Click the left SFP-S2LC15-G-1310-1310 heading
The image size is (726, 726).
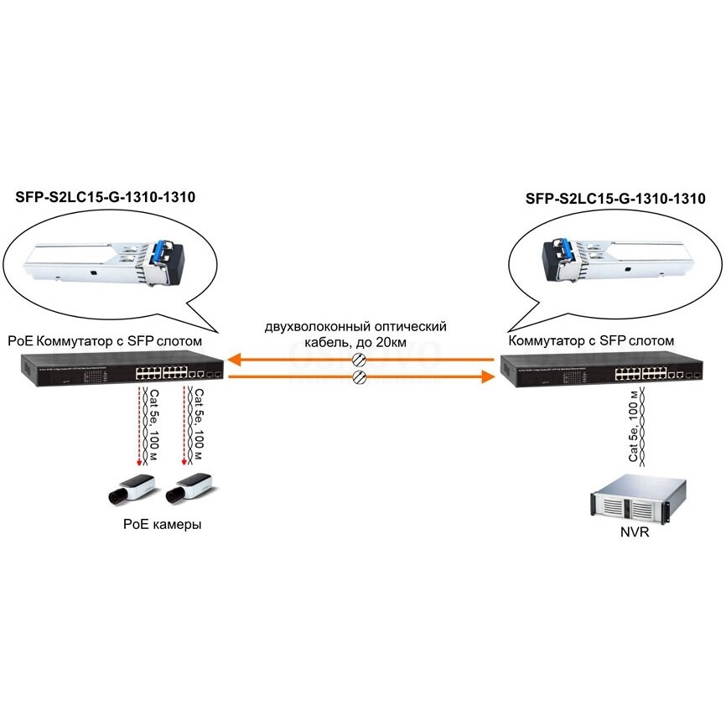pos(106,199)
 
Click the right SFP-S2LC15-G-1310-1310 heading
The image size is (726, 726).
pos(616,199)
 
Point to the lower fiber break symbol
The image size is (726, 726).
pos(359,378)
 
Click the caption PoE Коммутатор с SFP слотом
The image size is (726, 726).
pos(108,341)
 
